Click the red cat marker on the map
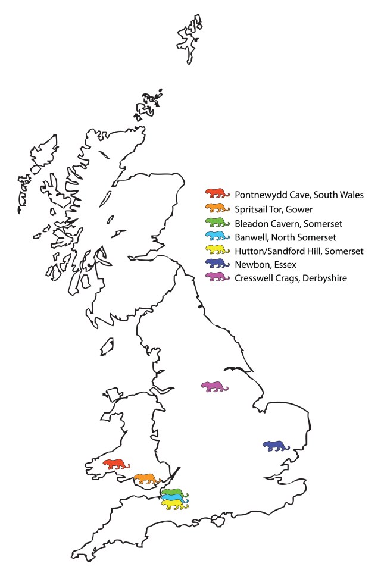point(115,464)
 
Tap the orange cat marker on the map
point(146,478)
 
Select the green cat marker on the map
point(174,492)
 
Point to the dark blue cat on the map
point(276,446)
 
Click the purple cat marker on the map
point(214,387)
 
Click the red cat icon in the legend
point(217,193)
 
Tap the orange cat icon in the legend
point(217,207)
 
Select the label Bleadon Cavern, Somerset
point(288,221)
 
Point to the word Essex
point(286,263)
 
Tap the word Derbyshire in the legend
point(321,277)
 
